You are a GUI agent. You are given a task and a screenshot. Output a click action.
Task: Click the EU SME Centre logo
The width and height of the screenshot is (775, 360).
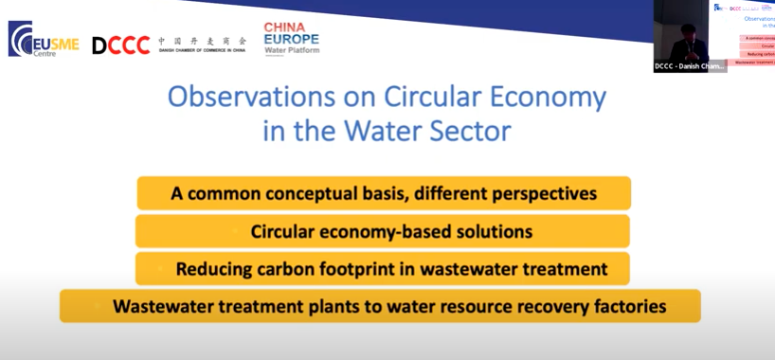43,39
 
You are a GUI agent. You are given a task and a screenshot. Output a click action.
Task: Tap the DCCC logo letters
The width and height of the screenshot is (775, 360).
120,45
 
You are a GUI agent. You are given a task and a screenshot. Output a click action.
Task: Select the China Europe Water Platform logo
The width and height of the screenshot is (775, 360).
291,39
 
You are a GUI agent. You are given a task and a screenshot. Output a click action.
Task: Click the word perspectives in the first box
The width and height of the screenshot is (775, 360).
537,193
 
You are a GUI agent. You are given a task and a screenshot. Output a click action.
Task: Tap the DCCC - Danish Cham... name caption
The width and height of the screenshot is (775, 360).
690,66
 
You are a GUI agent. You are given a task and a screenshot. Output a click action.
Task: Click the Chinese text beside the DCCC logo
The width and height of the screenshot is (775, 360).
202,41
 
